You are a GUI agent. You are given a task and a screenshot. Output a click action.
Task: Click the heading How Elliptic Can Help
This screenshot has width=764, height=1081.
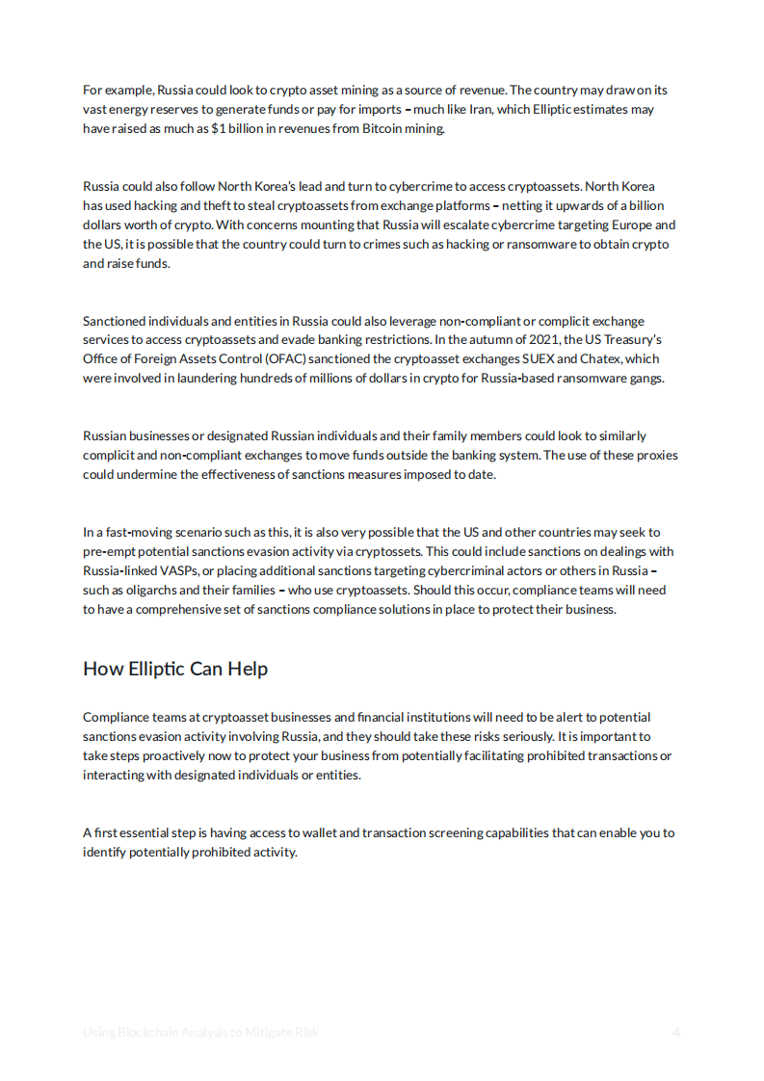coord(175,669)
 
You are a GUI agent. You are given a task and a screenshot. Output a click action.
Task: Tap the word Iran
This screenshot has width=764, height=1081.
coord(481,109)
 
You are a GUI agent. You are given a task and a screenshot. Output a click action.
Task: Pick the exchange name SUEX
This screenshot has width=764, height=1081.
coord(539,359)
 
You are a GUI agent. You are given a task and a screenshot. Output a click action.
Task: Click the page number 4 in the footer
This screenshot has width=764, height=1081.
coord(676,1032)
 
